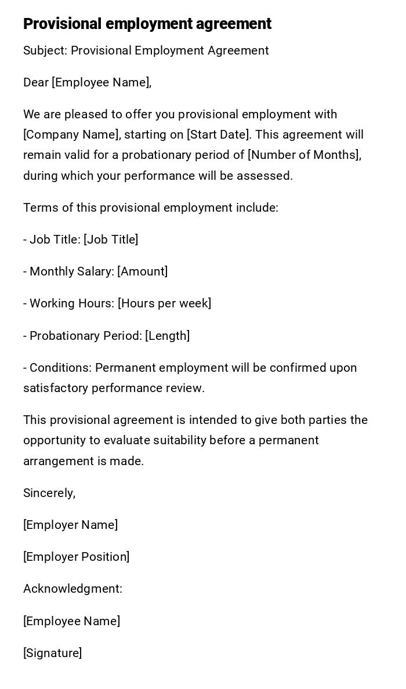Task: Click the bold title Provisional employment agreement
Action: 147,24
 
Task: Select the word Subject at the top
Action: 45,51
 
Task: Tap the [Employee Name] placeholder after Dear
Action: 101,82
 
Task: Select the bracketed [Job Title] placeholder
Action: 111,240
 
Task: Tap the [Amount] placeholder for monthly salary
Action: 142,271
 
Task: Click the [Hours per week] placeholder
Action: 164,303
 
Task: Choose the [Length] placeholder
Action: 167,336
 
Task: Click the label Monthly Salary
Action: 70,271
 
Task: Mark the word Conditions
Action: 60,368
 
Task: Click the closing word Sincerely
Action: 49,493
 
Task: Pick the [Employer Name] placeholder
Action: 70,525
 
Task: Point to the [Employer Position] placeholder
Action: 76,557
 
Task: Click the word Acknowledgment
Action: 72,589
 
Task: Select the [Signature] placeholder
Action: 52,653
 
